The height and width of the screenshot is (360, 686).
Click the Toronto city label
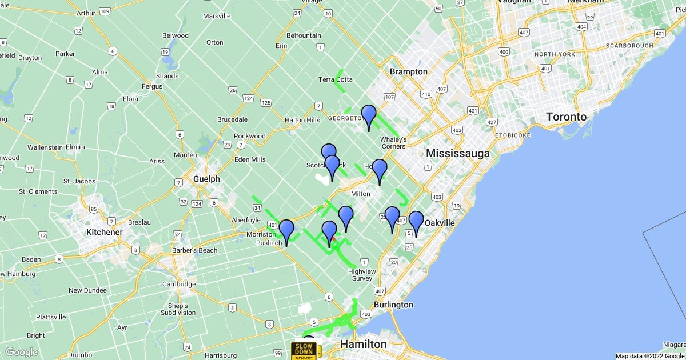coord(566,117)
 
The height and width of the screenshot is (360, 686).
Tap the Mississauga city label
coord(458,153)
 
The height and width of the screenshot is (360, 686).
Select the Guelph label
coord(206,179)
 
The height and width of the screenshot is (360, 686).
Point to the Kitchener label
coord(104,232)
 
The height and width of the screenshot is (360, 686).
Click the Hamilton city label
coord(364,344)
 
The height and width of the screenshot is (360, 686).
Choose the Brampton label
coord(408,71)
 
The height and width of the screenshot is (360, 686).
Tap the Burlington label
coord(394,305)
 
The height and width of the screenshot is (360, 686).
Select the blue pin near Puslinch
coord(286,232)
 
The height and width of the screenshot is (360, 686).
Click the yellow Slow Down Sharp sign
coord(304,350)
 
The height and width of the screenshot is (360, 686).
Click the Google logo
coord(22,352)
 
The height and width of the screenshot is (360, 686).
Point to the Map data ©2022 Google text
coord(649,356)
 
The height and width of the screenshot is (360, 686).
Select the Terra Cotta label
coord(336,79)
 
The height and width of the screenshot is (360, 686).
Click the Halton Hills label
coord(302,120)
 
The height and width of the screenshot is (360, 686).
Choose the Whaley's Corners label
coord(394,143)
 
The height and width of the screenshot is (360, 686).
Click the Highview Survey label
coord(362,275)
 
